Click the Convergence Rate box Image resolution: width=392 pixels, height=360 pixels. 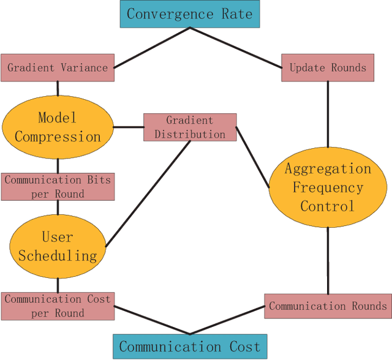pos(190,13)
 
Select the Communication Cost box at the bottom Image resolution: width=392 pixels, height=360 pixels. pos(190,347)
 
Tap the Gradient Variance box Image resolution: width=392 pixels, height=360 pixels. pos(58,68)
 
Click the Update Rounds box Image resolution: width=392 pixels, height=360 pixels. pos(328,68)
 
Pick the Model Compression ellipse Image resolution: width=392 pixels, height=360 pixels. pos(58,127)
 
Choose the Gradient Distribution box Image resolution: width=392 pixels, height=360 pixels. pos(190,127)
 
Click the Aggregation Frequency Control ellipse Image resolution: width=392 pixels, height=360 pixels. pos(328,187)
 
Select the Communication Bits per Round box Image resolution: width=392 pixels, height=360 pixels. pos(58,187)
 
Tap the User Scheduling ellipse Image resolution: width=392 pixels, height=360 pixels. pos(58,246)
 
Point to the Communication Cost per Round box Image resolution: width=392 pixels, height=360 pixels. pos(58,306)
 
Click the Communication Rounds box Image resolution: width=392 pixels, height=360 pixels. pos(328,306)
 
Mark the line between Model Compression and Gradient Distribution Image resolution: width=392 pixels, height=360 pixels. pos(128,127)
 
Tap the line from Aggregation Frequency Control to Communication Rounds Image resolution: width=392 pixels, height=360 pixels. pos(328,260)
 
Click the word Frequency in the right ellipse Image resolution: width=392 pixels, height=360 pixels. pos(328,187)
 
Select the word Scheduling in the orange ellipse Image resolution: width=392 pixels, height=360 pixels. pos(58,255)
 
